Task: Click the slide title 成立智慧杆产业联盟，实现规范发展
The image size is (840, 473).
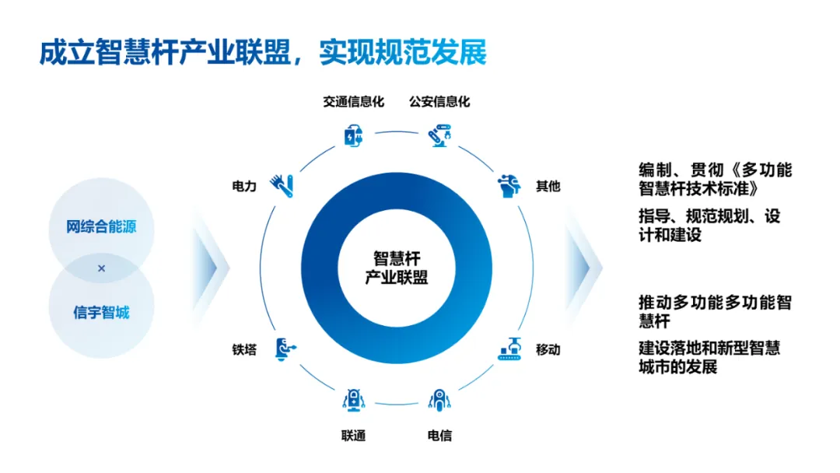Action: coord(263,51)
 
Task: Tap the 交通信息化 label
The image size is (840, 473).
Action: coord(353,102)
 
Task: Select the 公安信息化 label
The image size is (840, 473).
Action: coord(439,102)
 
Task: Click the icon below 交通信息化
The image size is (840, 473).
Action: coord(353,135)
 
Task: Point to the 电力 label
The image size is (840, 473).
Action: coord(243,187)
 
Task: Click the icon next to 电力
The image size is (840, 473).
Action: coord(281,184)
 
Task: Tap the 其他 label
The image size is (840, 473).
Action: coord(548,187)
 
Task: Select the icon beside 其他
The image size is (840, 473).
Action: coord(509,185)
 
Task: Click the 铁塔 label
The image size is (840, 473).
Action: coord(243,349)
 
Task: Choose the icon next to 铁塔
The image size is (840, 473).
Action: coord(284,349)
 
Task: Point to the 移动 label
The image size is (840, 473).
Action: coord(548,349)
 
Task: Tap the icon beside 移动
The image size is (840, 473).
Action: coord(509,349)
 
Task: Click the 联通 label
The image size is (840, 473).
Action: coord(353,435)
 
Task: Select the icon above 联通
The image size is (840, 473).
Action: coord(353,400)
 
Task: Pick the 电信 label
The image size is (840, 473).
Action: coord(439,435)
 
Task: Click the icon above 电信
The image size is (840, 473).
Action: coord(439,400)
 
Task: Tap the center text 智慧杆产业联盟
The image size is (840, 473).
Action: coord(396,268)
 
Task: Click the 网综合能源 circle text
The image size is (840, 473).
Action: coord(100,228)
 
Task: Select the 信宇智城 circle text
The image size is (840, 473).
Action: coord(101,313)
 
